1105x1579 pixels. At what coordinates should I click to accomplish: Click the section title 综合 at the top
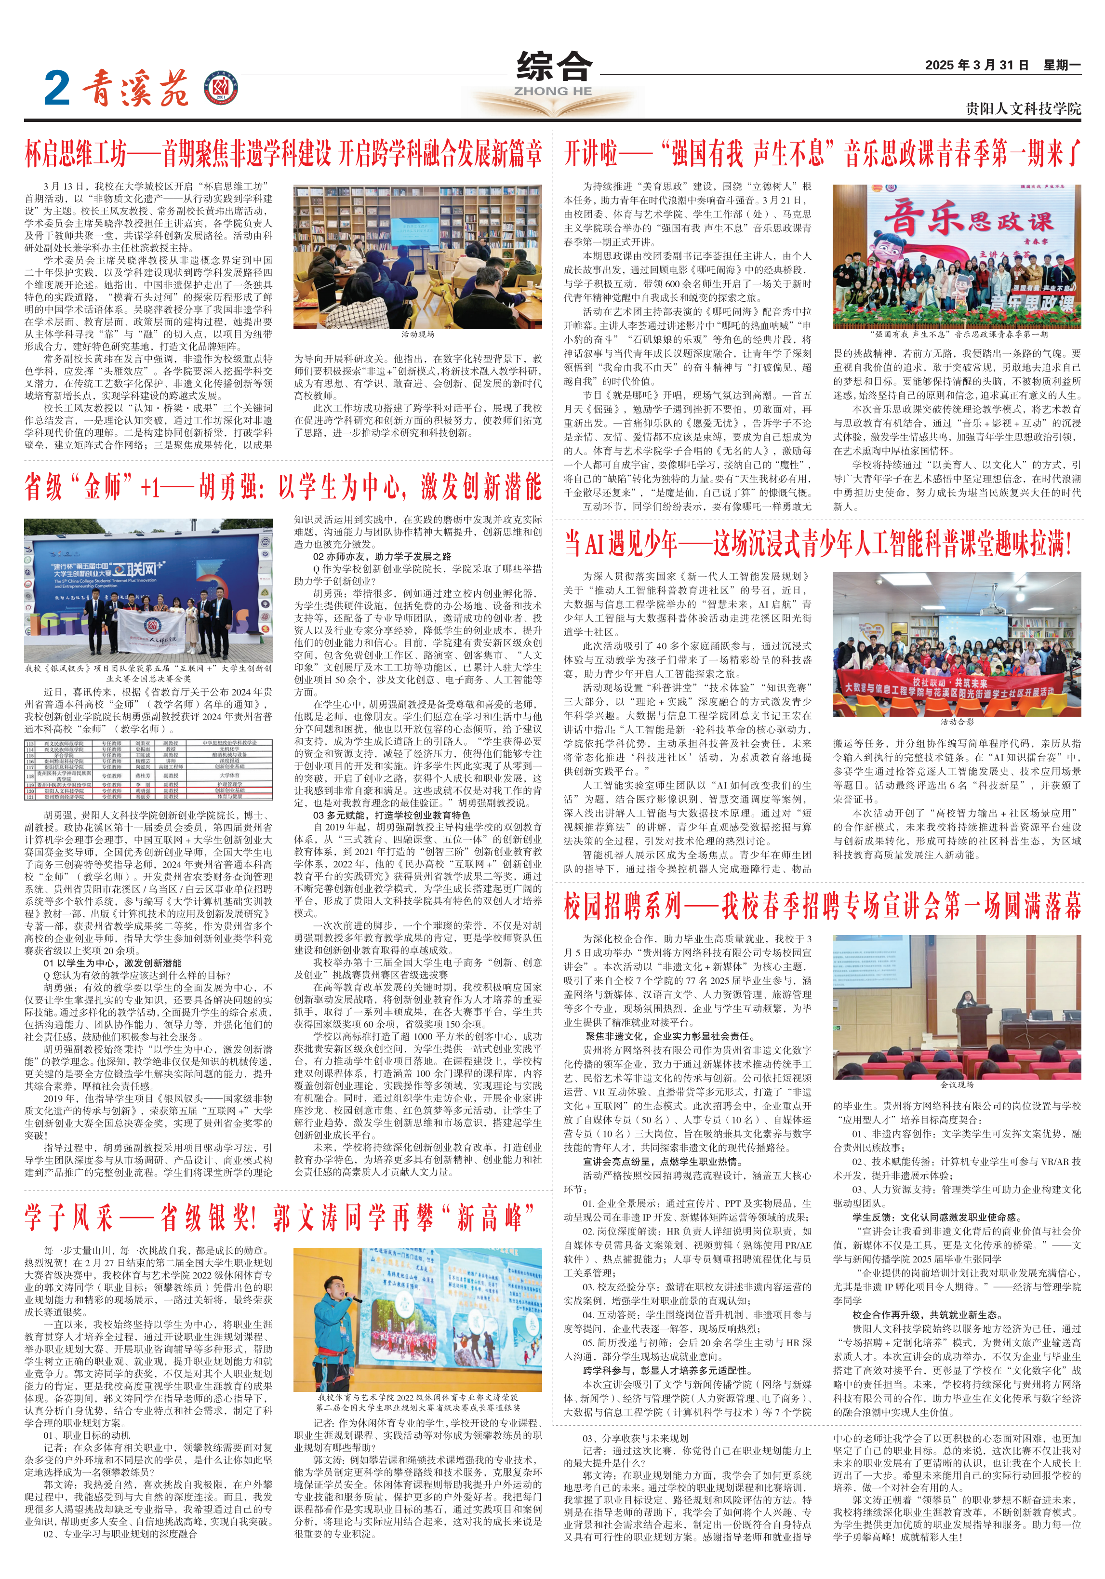tap(554, 67)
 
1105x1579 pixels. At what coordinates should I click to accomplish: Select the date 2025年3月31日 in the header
tap(976, 66)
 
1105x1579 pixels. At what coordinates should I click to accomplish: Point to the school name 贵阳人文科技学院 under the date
tap(1023, 108)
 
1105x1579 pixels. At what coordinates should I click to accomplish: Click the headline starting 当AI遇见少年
tap(818, 544)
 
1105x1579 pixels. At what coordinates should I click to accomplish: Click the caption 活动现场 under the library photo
tap(418, 334)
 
